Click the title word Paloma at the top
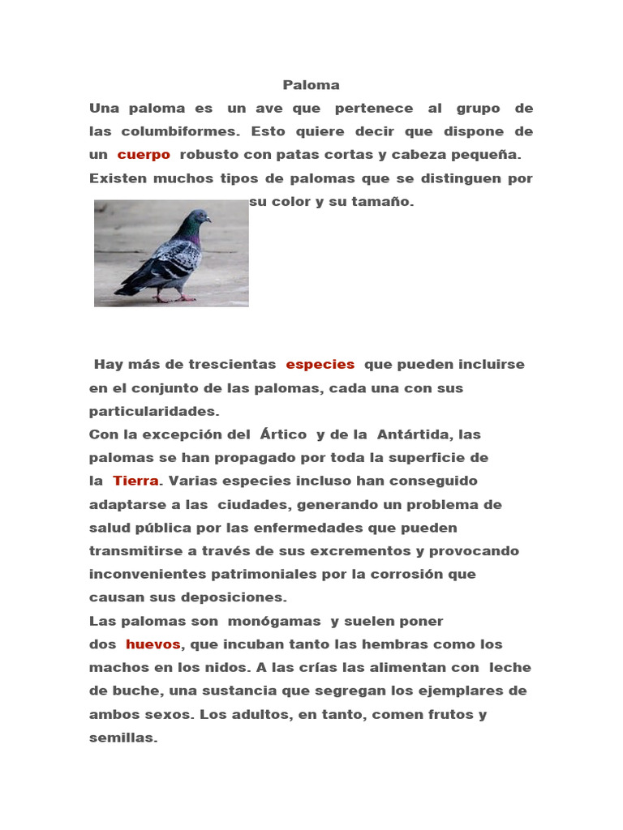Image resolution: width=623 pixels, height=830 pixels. click(311, 85)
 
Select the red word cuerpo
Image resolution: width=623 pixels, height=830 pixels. click(144, 155)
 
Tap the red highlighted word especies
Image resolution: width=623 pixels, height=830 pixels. click(320, 365)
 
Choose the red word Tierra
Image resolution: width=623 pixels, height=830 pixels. click(135, 481)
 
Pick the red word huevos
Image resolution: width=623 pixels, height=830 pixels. click(153, 644)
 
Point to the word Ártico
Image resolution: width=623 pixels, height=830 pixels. click(283, 434)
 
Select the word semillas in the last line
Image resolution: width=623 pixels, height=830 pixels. click(121, 738)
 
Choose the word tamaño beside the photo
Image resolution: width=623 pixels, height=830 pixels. click(385, 202)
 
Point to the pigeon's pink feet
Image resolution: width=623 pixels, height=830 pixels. click(174, 297)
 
